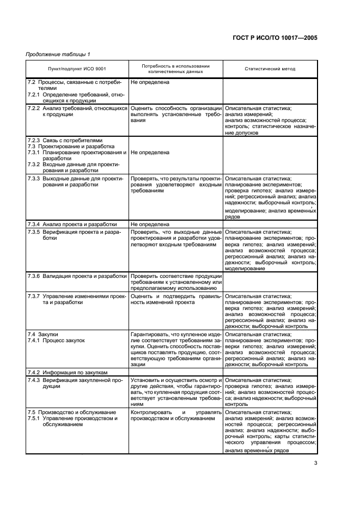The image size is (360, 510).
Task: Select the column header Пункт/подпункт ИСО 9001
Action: coord(77,69)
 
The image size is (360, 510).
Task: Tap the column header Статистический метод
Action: coord(270,69)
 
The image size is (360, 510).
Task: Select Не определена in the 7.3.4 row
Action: coord(150,224)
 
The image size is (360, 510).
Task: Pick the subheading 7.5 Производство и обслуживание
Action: coord(68,412)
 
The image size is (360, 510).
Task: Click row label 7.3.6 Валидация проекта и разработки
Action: coord(77,276)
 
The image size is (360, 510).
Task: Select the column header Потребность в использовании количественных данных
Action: coord(175,69)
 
